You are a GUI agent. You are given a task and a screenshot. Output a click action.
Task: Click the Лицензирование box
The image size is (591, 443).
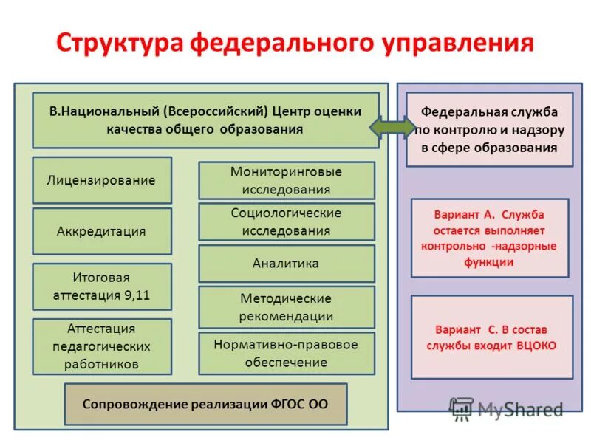click(x=102, y=180)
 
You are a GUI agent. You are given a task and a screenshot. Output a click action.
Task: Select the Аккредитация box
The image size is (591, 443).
click(x=102, y=231)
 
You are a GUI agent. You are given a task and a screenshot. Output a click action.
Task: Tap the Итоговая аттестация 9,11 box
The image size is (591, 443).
click(x=102, y=287)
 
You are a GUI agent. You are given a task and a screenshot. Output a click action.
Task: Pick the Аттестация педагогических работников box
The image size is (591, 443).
click(x=102, y=346)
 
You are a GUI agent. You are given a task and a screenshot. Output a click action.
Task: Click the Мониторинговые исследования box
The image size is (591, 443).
click(x=286, y=180)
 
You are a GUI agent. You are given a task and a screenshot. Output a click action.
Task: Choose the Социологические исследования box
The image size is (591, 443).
click(x=286, y=221)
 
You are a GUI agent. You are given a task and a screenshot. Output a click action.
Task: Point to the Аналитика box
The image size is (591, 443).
click(x=286, y=264)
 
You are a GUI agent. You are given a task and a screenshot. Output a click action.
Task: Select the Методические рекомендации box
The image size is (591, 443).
click(x=286, y=307)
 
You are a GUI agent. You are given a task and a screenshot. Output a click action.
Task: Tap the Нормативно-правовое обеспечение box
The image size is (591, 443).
click(x=286, y=353)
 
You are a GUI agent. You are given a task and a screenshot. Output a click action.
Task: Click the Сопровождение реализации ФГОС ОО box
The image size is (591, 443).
click(x=205, y=404)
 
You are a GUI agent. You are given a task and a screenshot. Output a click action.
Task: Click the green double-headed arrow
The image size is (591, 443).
click(x=392, y=127)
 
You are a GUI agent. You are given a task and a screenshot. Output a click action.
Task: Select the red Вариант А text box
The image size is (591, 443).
click(x=489, y=238)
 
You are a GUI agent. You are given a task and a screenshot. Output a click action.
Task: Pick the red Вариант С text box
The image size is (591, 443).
click(x=491, y=337)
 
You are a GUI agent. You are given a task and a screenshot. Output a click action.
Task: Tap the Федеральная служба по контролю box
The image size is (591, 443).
click(x=489, y=129)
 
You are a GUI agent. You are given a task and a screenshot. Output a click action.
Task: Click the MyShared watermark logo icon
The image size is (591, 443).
click(x=462, y=408)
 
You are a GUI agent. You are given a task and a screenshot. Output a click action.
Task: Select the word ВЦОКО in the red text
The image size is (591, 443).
click(x=536, y=346)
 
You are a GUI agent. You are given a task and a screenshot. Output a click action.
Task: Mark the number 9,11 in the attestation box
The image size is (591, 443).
click(x=138, y=296)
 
